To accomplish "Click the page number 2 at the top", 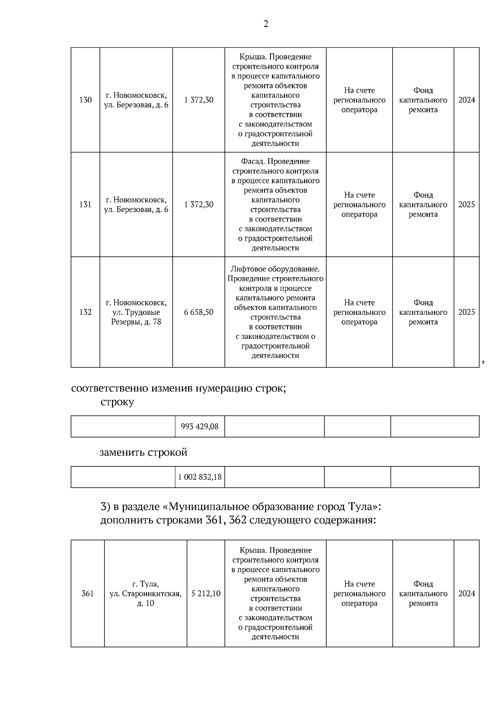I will (266, 24).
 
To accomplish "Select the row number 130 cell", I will (85, 100).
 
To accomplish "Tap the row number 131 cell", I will (85, 205).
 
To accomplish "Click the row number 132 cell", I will (85, 312).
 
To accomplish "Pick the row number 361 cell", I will (87, 594).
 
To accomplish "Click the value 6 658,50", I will (199, 312).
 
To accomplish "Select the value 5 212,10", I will (206, 594).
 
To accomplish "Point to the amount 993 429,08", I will (200, 426).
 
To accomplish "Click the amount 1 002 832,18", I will (200, 477).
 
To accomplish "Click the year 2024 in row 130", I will (467, 100).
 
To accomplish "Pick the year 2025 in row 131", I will (467, 205).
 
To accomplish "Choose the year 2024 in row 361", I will (467, 594).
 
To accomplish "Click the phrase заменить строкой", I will (143, 452).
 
